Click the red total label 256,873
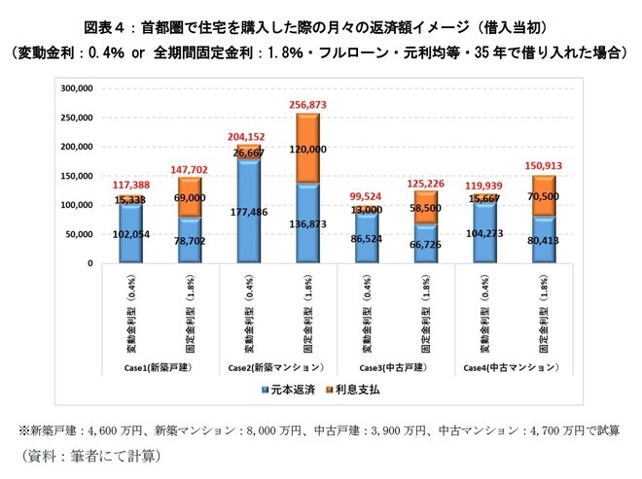pyautogui.click(x=306, y=103)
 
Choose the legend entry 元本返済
pyautogui.click(x=292, y=390)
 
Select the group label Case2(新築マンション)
pyautogui.click(x=278, y=369)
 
